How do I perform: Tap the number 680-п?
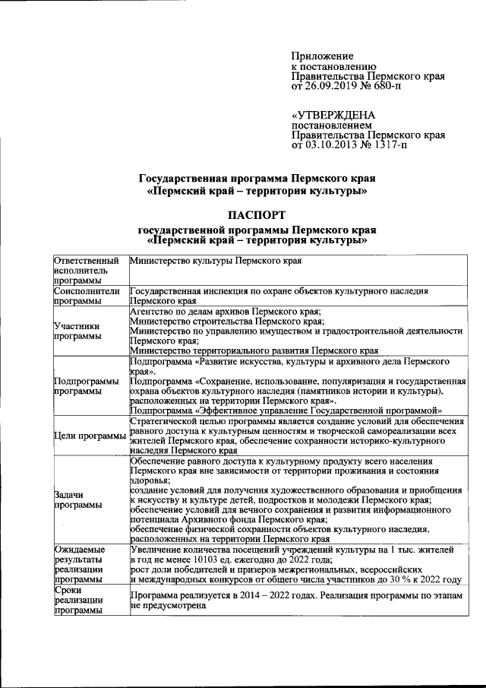click(387, 87)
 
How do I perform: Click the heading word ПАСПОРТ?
click(256, 214)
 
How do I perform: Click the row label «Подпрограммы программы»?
click(87, 385)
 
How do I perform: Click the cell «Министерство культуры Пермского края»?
click(216, 262)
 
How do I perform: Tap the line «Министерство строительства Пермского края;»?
click(227, 321)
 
